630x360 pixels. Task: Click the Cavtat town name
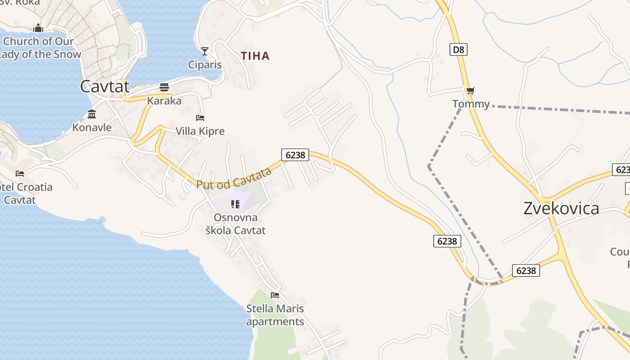pos(105,86)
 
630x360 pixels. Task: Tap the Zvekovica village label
pos(561,208)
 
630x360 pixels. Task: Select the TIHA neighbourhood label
pos(255,56)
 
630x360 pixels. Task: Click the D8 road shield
pos(458,49)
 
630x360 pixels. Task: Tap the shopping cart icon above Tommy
pos(471,91)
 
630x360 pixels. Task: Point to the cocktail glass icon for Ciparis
pos(205,51)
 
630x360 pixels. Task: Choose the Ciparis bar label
pos(205,65)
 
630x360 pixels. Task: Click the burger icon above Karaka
pos(164,87)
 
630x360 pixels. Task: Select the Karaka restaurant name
pos(164,101)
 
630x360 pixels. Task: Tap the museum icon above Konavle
pos(92,114)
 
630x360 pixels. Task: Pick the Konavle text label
pos(92,127)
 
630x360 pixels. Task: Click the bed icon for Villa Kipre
pos(200,118)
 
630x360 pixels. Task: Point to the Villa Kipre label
pos(200,131)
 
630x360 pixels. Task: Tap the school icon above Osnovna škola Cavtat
pos(235,204)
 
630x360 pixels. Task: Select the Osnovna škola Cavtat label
pos(235,224)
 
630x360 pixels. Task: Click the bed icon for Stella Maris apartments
pos(275,295)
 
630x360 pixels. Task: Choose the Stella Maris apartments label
pos(275,315)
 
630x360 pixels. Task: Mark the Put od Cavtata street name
pos(234,178)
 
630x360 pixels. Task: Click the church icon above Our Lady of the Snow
pos(38,28)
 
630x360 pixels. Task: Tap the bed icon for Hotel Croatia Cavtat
pos(20,173)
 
